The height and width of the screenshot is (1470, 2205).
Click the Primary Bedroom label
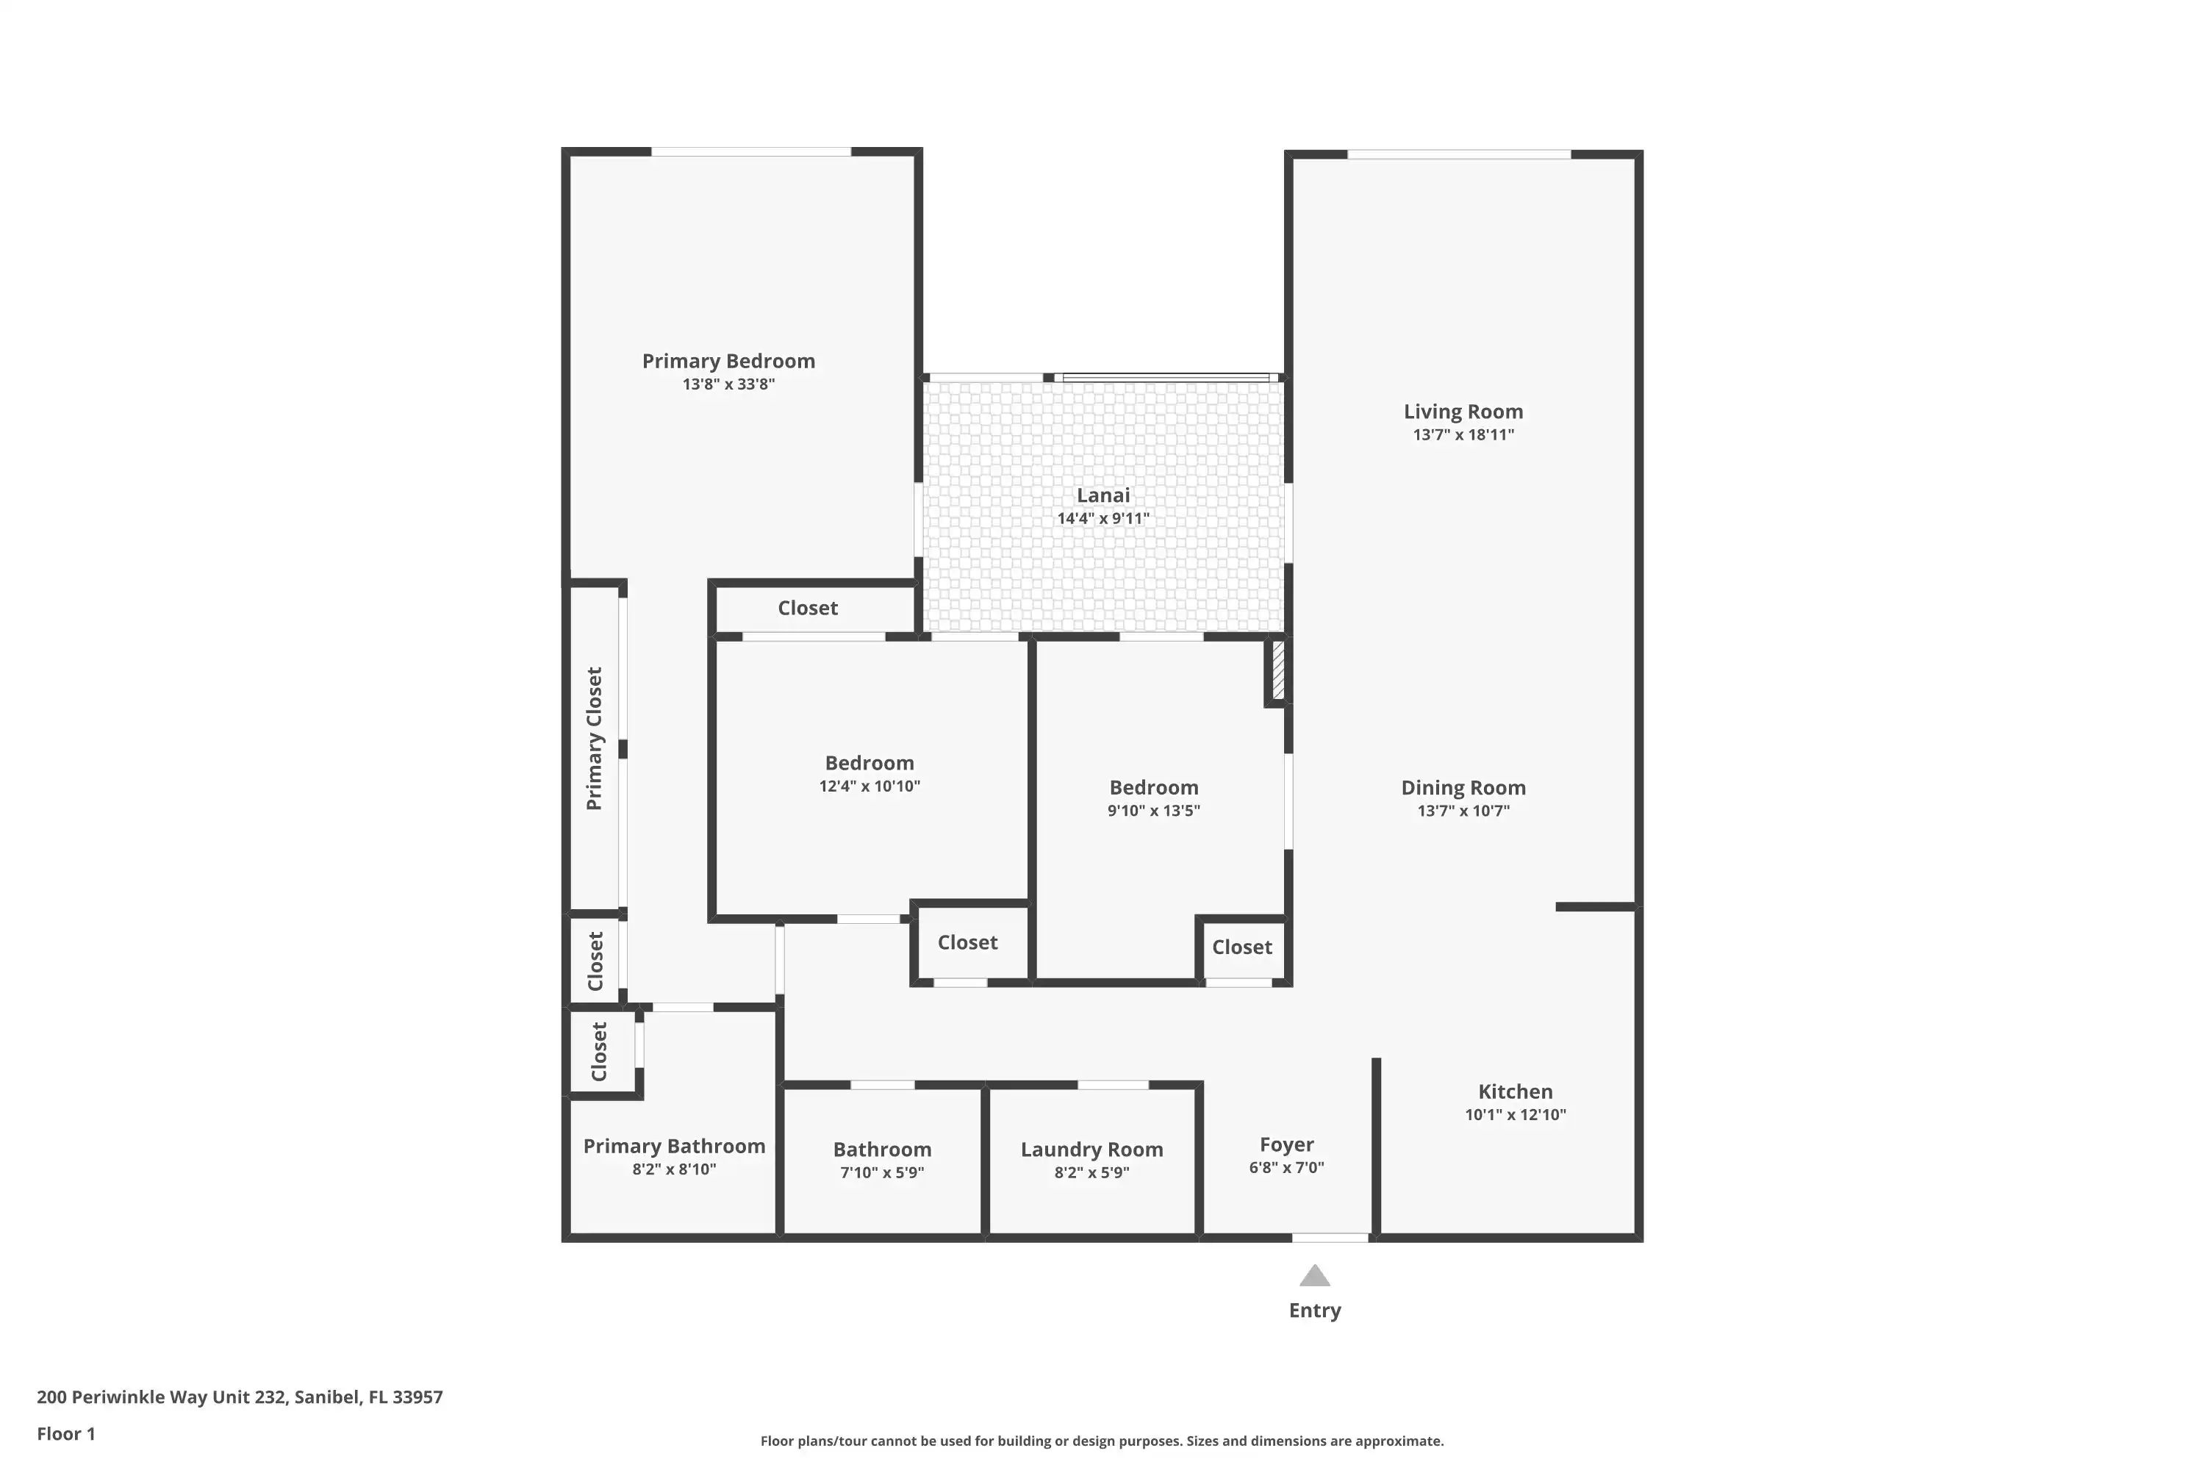[728, 361]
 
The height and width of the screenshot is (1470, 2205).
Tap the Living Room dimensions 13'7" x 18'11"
[1463, 434]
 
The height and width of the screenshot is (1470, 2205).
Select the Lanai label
[1102, 495]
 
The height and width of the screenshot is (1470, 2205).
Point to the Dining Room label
[1463, 787]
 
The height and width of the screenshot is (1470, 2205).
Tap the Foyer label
[1286, 1144]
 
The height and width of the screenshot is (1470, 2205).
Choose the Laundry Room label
[1091, 1150]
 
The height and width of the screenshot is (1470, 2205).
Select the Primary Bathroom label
[674, 1146]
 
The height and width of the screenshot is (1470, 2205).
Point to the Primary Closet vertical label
[593, 739]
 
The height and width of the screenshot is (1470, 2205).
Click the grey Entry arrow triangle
[1314, 1275]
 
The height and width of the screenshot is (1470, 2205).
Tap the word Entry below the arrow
[1314, 1311]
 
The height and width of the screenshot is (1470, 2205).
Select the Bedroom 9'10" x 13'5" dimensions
[1153, 811]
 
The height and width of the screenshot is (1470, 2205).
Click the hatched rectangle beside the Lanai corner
[1278, 668]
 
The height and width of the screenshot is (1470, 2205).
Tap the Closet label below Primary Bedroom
[807, 608]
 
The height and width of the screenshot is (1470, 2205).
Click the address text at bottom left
[240, 1398]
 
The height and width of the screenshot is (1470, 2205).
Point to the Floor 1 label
[65, 1433]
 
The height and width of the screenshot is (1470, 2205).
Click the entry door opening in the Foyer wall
[1330, 1238]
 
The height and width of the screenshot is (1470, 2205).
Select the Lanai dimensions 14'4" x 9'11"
[1102, 518]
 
